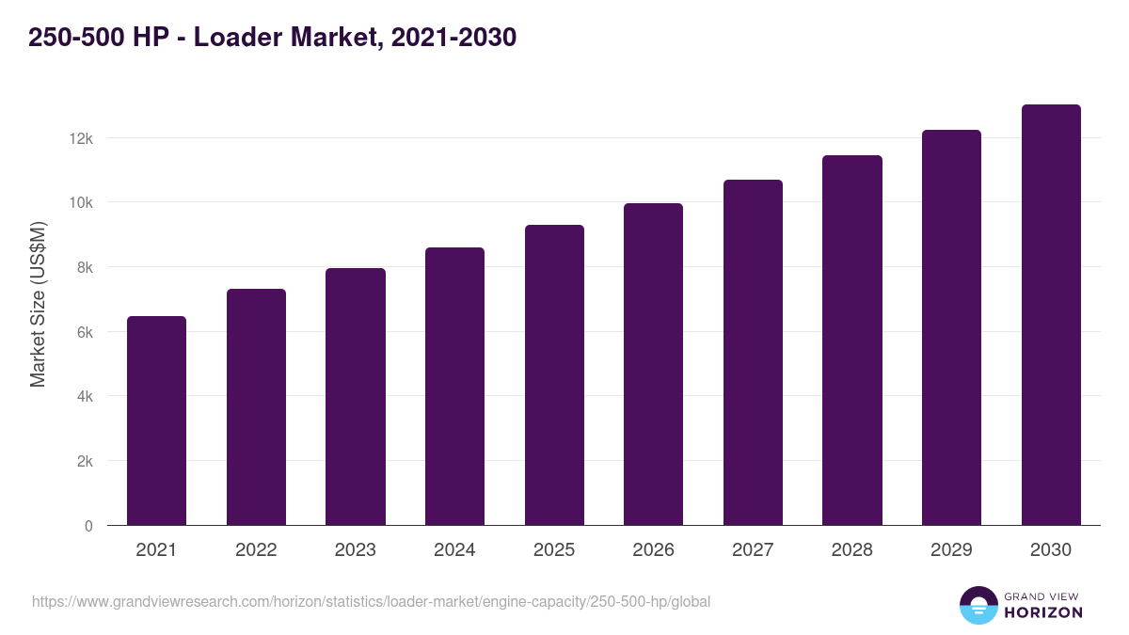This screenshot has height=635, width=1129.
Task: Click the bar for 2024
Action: coord(454,387)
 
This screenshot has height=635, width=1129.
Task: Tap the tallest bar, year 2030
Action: coord(1051,315)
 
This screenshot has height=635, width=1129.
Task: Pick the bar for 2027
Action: coord(753,353)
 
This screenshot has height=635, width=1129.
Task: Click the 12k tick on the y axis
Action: coord(81,138)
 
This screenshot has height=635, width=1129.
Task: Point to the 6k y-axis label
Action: coord(84,332)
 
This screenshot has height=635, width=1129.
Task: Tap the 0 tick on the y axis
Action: coord(88,526)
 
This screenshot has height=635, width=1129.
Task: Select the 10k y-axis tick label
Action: coord(81,203)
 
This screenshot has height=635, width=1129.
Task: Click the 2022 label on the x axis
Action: coord(256,550)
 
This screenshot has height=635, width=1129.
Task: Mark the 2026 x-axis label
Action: coord(653,550)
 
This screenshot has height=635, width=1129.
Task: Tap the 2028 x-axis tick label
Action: coord(851,550)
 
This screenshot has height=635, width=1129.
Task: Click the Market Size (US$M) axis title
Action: coord(38,304)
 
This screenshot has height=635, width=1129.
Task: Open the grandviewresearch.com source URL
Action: coord(371,601)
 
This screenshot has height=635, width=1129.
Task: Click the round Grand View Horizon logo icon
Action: coord(978,606)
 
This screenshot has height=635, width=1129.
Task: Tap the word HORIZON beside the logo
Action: coord(1042,612)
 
